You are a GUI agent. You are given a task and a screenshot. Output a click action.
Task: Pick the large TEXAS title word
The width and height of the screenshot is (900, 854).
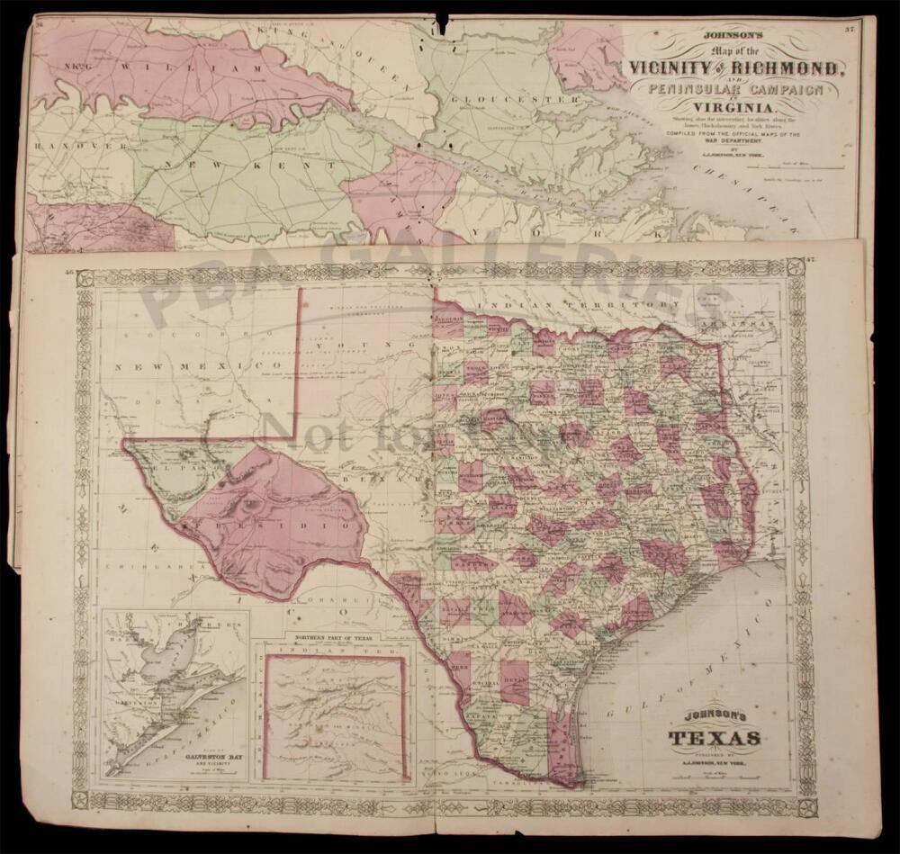coord(713,739)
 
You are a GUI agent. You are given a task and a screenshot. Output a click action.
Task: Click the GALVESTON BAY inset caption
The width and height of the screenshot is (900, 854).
coord(175,758)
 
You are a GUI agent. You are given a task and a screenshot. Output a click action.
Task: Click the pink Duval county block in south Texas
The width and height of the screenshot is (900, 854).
coord(514,681)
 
